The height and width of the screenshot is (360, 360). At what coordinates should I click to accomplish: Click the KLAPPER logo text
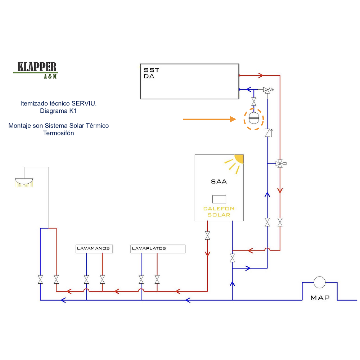click(37, 67)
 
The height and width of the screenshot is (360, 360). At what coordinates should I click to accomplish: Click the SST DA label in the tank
click(149, 73)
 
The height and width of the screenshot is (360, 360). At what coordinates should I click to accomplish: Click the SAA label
click(219, 181)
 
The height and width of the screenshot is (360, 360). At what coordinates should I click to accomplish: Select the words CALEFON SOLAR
click(219, 212)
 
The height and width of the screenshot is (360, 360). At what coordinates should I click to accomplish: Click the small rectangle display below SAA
click(219, 199)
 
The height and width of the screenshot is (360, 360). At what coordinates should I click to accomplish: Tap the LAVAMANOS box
click(94, 249)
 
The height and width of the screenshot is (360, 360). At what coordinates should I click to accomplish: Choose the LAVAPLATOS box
click(158, 249)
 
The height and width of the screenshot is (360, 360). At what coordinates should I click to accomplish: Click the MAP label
click(320, 298)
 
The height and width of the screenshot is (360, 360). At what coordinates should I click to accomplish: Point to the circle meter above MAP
click(319, 283)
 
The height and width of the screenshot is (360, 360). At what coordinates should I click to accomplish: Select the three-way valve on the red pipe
click(280, 163)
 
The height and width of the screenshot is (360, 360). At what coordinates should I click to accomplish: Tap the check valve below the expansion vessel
click(267, 133)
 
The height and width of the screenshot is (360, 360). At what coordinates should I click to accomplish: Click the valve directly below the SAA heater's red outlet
click(207, 236)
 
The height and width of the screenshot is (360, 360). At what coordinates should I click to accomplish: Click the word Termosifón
click(58, 133)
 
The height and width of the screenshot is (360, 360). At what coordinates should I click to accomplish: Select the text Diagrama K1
click(58, 111)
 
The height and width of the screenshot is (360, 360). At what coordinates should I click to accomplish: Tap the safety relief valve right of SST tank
click(267, 90)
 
